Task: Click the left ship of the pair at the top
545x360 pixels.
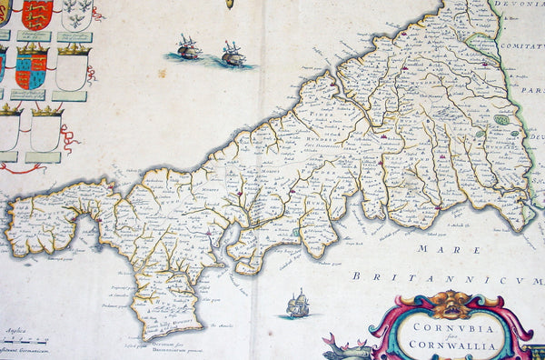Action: pyautogui.click(x=188, y=48)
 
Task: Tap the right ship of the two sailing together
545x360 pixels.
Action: pyautogui.click(x=233, y=55)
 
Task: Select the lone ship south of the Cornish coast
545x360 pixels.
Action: pyautogui.click(x=297, y=305)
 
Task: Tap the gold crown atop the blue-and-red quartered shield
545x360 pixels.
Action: pyautogui.click(x=32, y=48)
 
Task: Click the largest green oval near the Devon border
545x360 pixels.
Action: pyautogui.click(x=501, y=119)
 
